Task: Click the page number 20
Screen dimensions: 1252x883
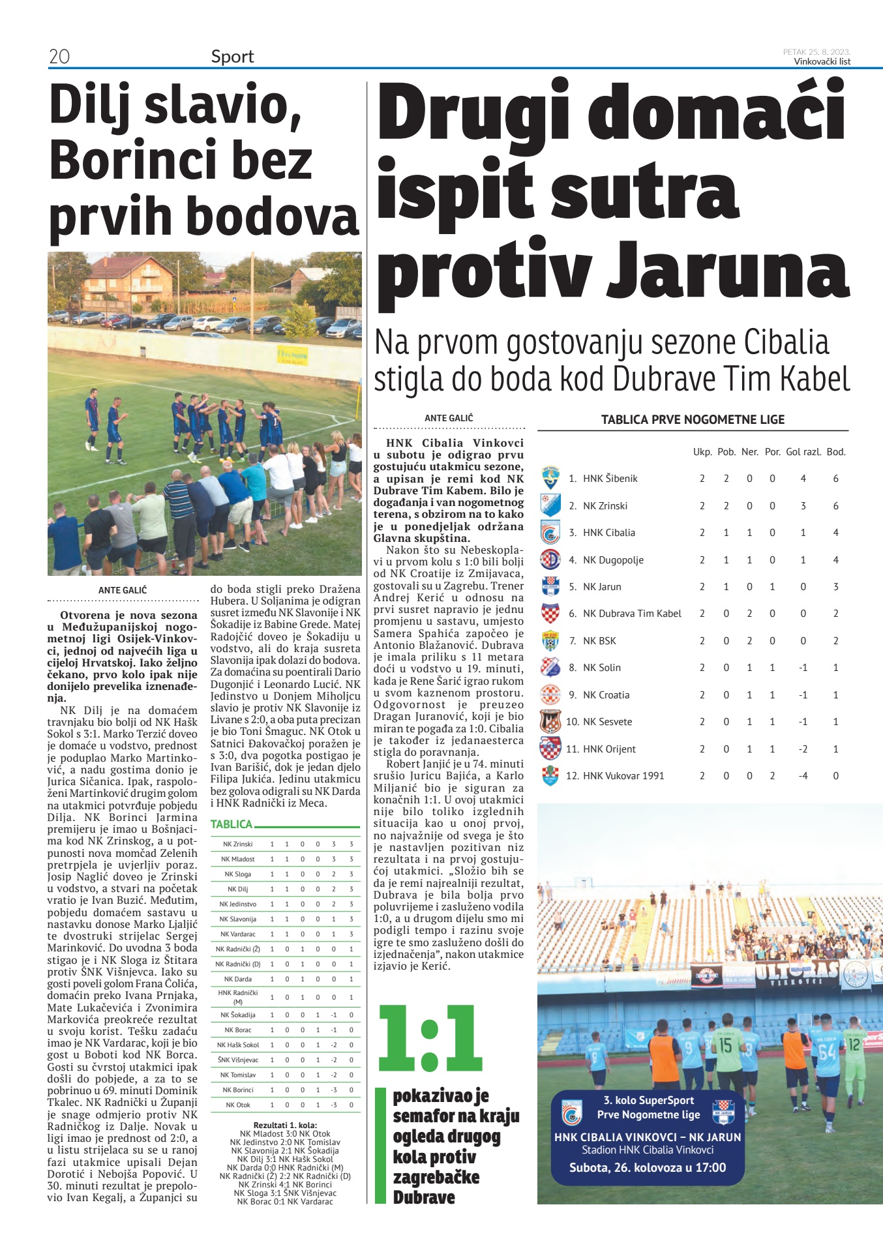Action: pos(59,57)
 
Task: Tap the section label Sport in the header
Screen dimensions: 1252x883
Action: pos(232,57)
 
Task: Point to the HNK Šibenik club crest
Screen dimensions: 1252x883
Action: pos(550,479)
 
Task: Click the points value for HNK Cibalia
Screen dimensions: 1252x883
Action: pos(835,533)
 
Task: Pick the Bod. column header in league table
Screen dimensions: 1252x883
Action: pos(835,452)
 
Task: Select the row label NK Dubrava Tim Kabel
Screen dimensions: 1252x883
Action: pos(631,614)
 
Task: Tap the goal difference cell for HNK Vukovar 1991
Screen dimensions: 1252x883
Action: pos(803,776)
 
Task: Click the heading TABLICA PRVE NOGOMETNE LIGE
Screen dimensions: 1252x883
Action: pos(693,420)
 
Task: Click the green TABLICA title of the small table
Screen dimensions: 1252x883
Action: pos(231,824)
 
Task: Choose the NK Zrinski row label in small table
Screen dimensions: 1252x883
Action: pos(237,844)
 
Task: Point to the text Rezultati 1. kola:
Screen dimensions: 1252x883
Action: pos(285,1125)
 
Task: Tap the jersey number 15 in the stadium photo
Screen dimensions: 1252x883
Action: pos(725,1045)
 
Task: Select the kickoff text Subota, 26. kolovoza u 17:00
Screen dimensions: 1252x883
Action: pos(647,1167)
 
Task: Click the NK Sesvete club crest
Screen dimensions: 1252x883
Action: pos(550,722)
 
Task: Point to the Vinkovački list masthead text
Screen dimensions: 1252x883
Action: pos(822,61)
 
